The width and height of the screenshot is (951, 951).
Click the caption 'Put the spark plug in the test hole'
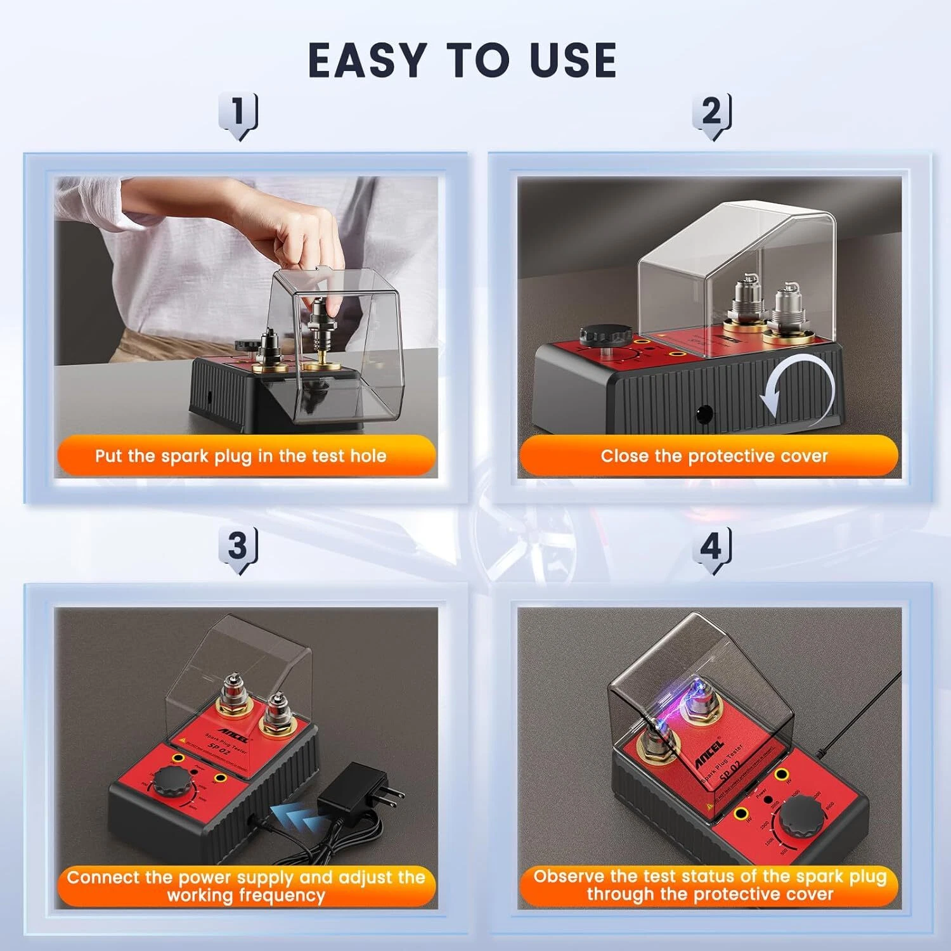click(x=241, y=456)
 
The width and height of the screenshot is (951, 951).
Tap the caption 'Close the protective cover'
click(x=714, y=456)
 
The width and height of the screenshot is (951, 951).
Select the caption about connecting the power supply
click(x=246, y=886)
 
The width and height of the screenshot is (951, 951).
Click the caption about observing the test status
click(x=709, y=885)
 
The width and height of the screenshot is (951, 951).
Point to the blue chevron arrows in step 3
click(x=295, y=818)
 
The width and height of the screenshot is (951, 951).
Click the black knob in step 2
click(x=602, y=337)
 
